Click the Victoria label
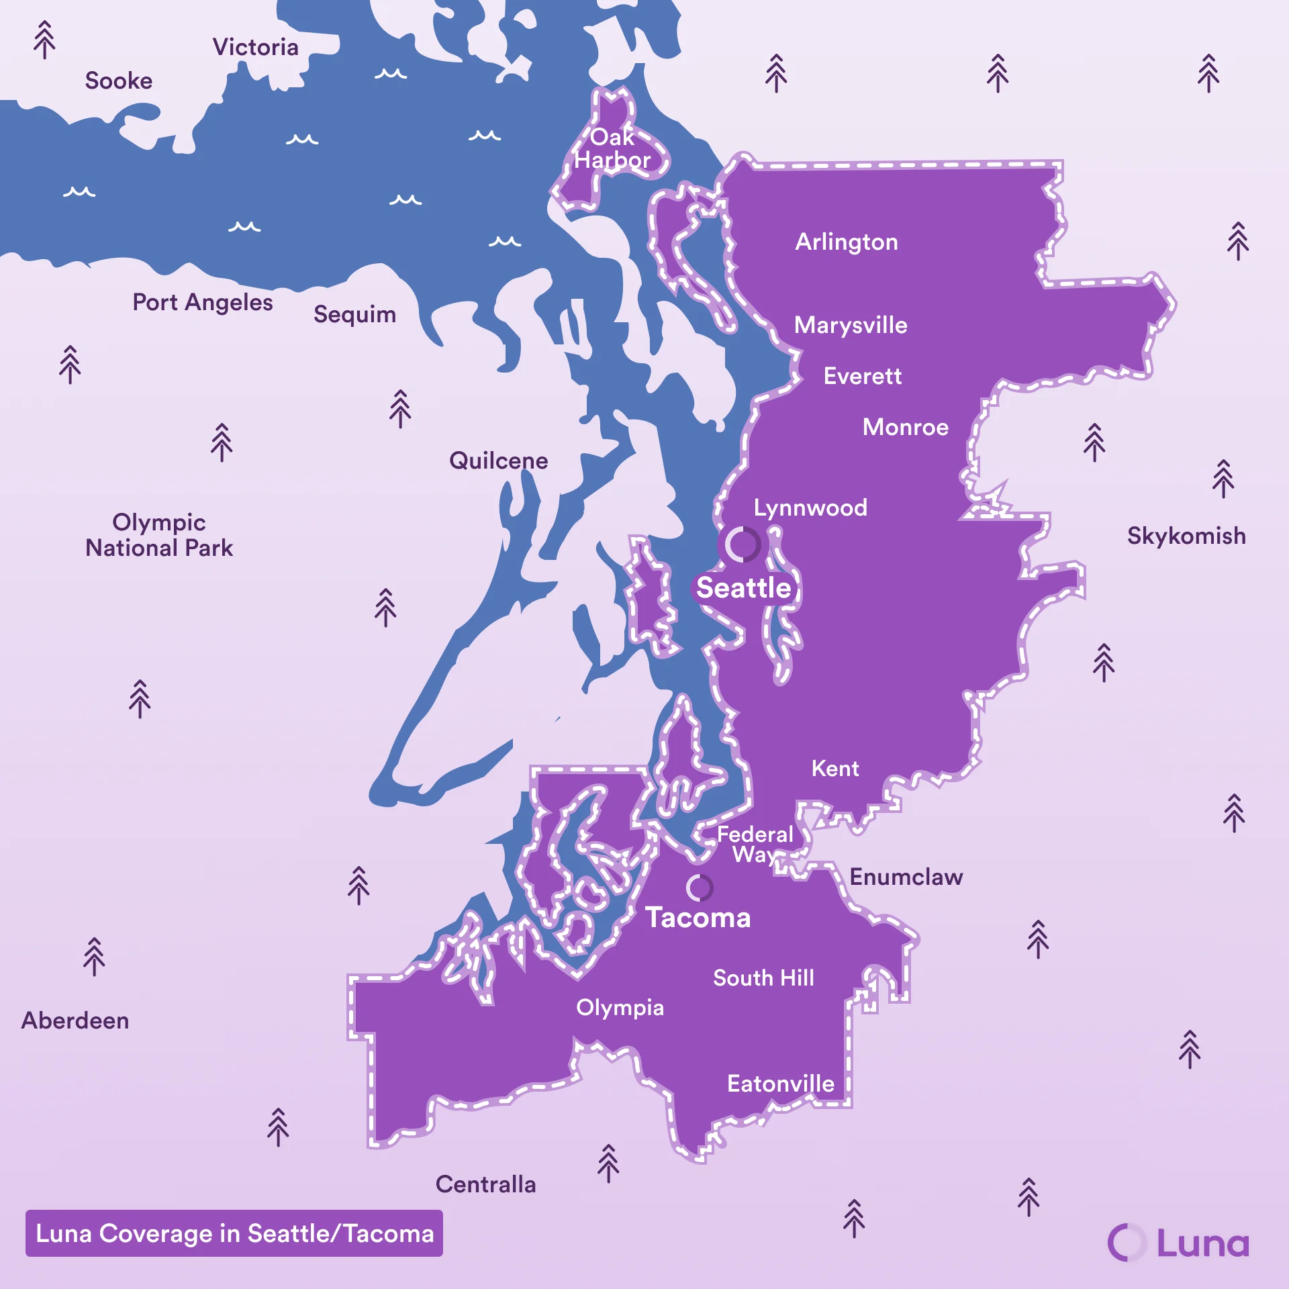[x=255, y=47]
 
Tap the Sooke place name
[x=119, y=81]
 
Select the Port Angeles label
[x=202, y=302]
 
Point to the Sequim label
[x=354, y=314]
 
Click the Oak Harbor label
[x=612, y=148]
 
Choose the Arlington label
[x=846, y=242]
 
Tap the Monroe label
[x=905, y=427]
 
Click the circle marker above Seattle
[x=742, y=544]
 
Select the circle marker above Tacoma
[x=699, y=888]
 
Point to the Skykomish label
[x=1186, y=536]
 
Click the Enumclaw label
[x=906, y=877]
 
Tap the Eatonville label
[x=780, y=1084]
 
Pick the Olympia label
[x=620, y=1007]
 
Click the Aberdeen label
[x=75, y=1020]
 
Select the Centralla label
[x=485, y=1184]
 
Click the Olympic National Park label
[x=159, y=535]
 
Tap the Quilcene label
[x=498, y=461]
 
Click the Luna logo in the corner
[x=1178, y=1243]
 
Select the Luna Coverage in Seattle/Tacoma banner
[x=234, y=1233]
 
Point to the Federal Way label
[x=755, y=844]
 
